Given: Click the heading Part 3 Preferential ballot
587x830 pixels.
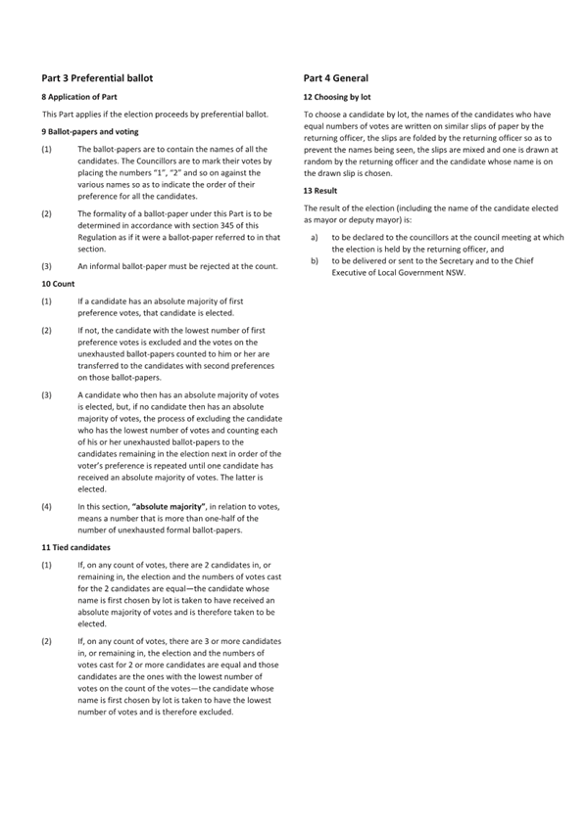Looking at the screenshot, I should [97, 77].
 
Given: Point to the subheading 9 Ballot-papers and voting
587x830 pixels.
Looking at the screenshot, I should [90, 131].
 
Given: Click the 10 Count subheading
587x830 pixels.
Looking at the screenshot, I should [59, 282].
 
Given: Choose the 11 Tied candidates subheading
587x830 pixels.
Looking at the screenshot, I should [76, 547].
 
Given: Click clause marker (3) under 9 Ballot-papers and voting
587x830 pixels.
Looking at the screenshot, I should [47, 266].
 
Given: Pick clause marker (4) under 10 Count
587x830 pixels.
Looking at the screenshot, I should [47, 506].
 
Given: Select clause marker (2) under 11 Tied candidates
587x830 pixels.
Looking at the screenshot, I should [47, 641].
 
